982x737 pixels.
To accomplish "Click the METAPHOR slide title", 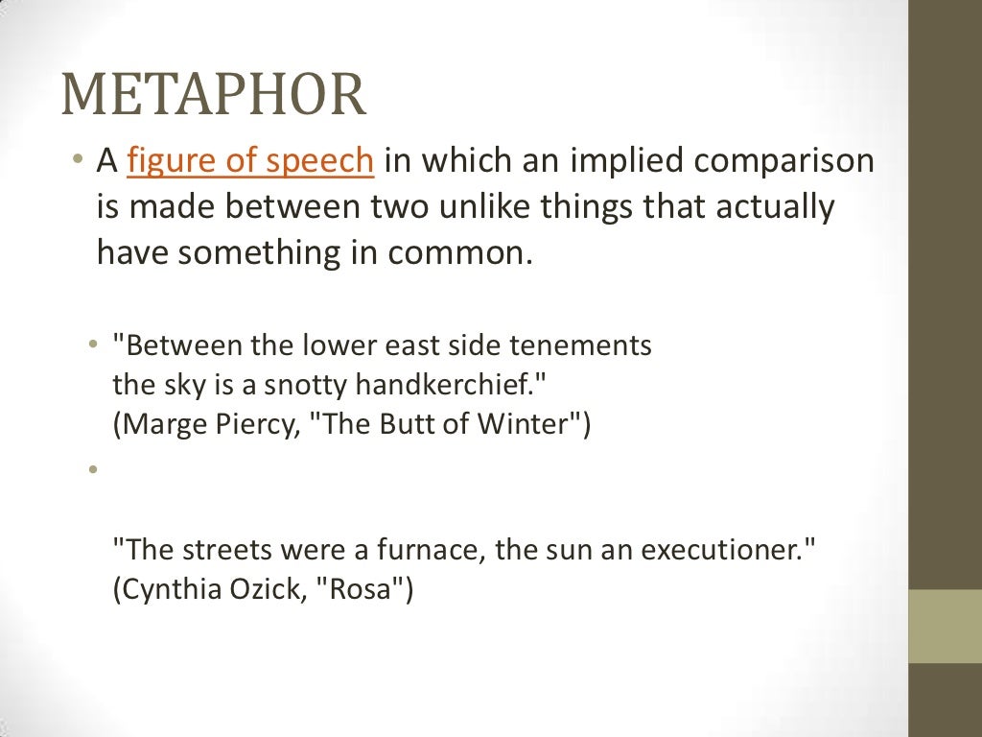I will [x=213, y=95].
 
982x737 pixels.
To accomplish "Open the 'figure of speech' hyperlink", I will [x=249, y=161].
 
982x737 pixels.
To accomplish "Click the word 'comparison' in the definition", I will [x=783, y=161].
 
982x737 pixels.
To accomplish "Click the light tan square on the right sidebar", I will [x=946, y=626].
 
